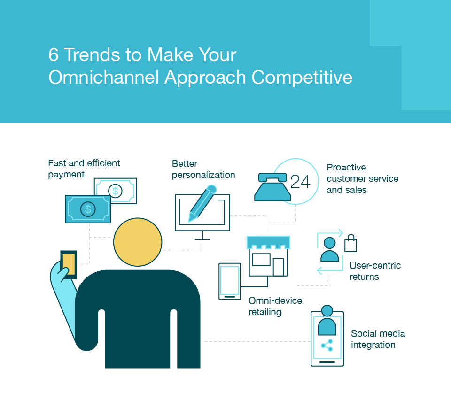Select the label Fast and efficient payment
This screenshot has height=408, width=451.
coord(84,169)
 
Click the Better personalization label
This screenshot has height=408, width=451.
coord(203,169)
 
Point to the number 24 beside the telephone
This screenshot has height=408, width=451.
coord(300,182)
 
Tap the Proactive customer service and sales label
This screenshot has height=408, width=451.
coord(362,179)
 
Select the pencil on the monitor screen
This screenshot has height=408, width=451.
coord(202,203)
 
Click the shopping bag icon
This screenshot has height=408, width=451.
coord(350,244)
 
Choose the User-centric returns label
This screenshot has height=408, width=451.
coord(375,271)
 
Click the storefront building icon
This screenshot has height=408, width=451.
coord(268,256)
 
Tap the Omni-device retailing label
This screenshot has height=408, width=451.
coord(275,306)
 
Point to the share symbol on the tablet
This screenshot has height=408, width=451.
coord(327,346)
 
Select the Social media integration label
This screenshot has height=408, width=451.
coord(378,339)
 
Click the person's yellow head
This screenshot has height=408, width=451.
coord(138,242)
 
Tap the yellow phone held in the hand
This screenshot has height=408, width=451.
coord(69,264)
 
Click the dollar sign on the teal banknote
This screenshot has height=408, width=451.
coord(87,209)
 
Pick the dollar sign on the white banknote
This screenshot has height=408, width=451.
coord(115,191)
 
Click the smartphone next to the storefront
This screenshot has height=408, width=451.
coord(230,281)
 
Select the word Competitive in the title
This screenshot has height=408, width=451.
coord(302,77)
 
